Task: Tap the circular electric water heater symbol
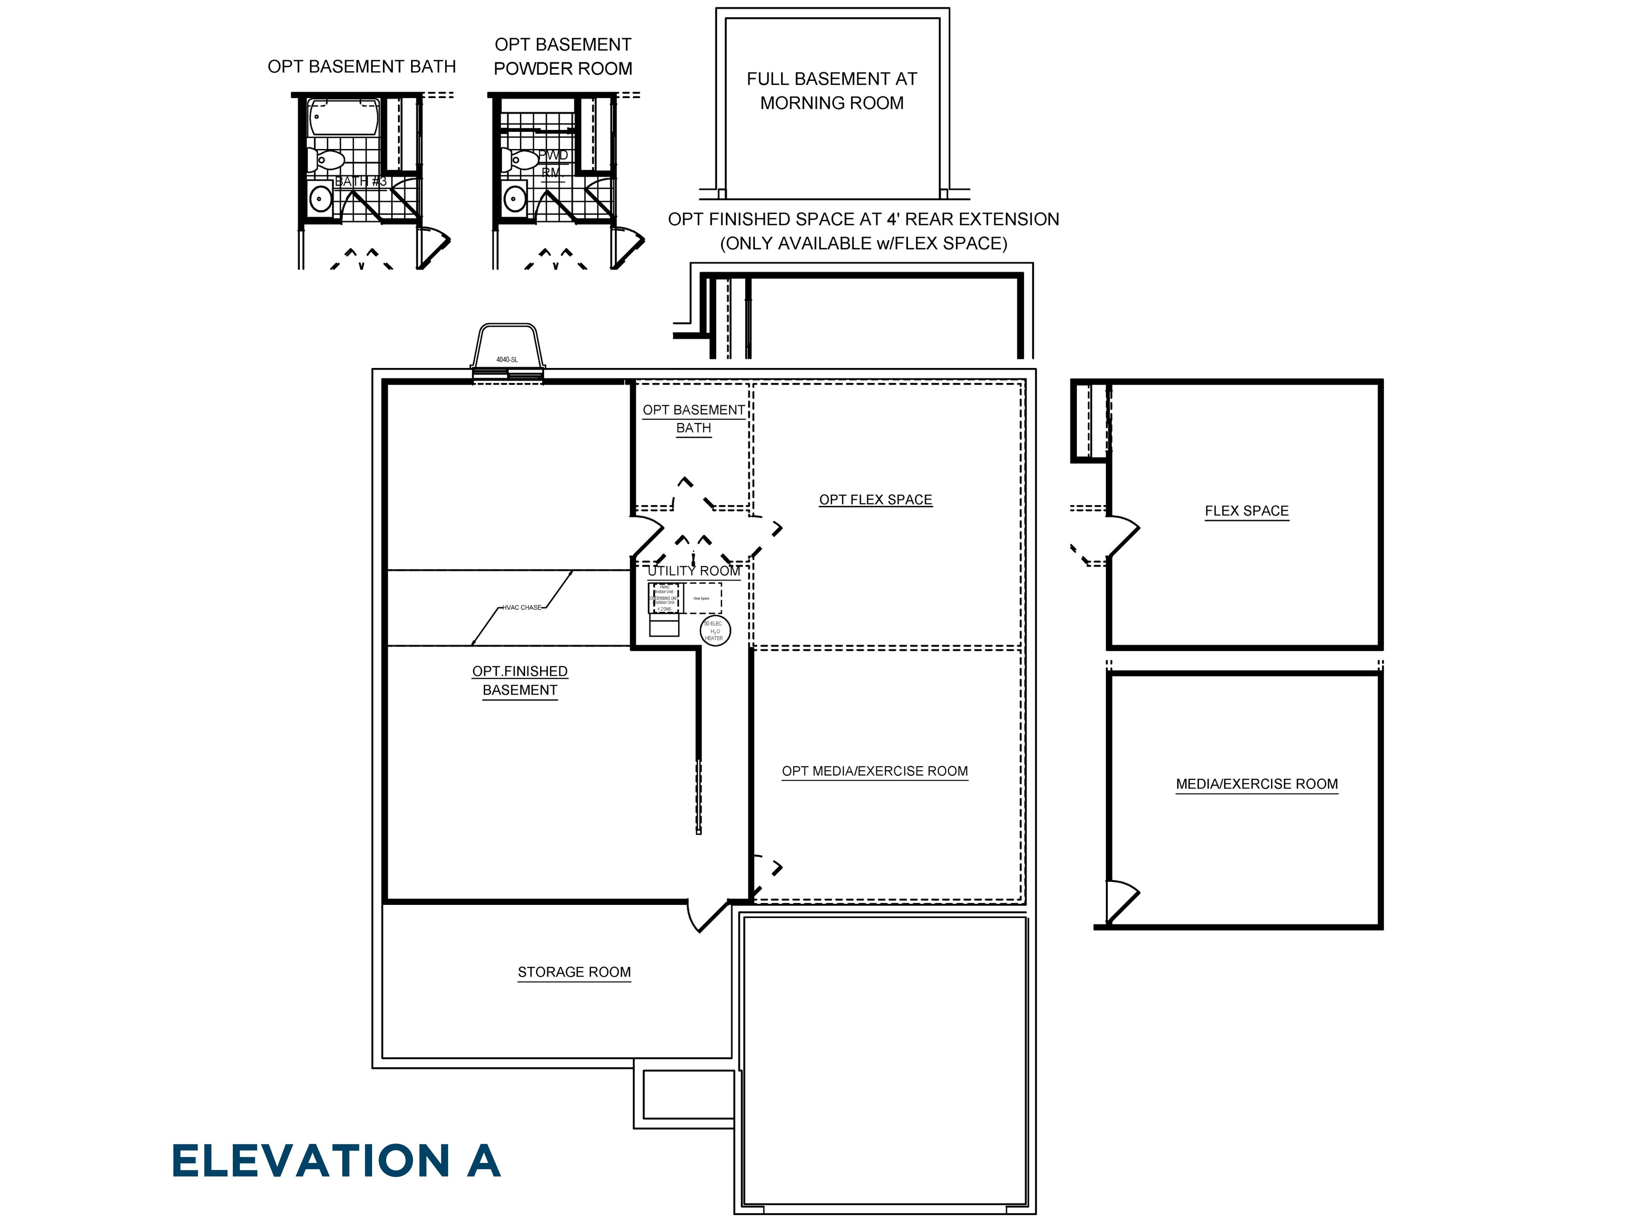coord(715,631)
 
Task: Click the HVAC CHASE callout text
coord(521,608)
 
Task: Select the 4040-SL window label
coord(507,360)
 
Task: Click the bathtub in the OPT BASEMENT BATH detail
coord(344,117)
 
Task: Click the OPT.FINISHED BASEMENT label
coord(520,680)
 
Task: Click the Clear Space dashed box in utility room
coord(701,598)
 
